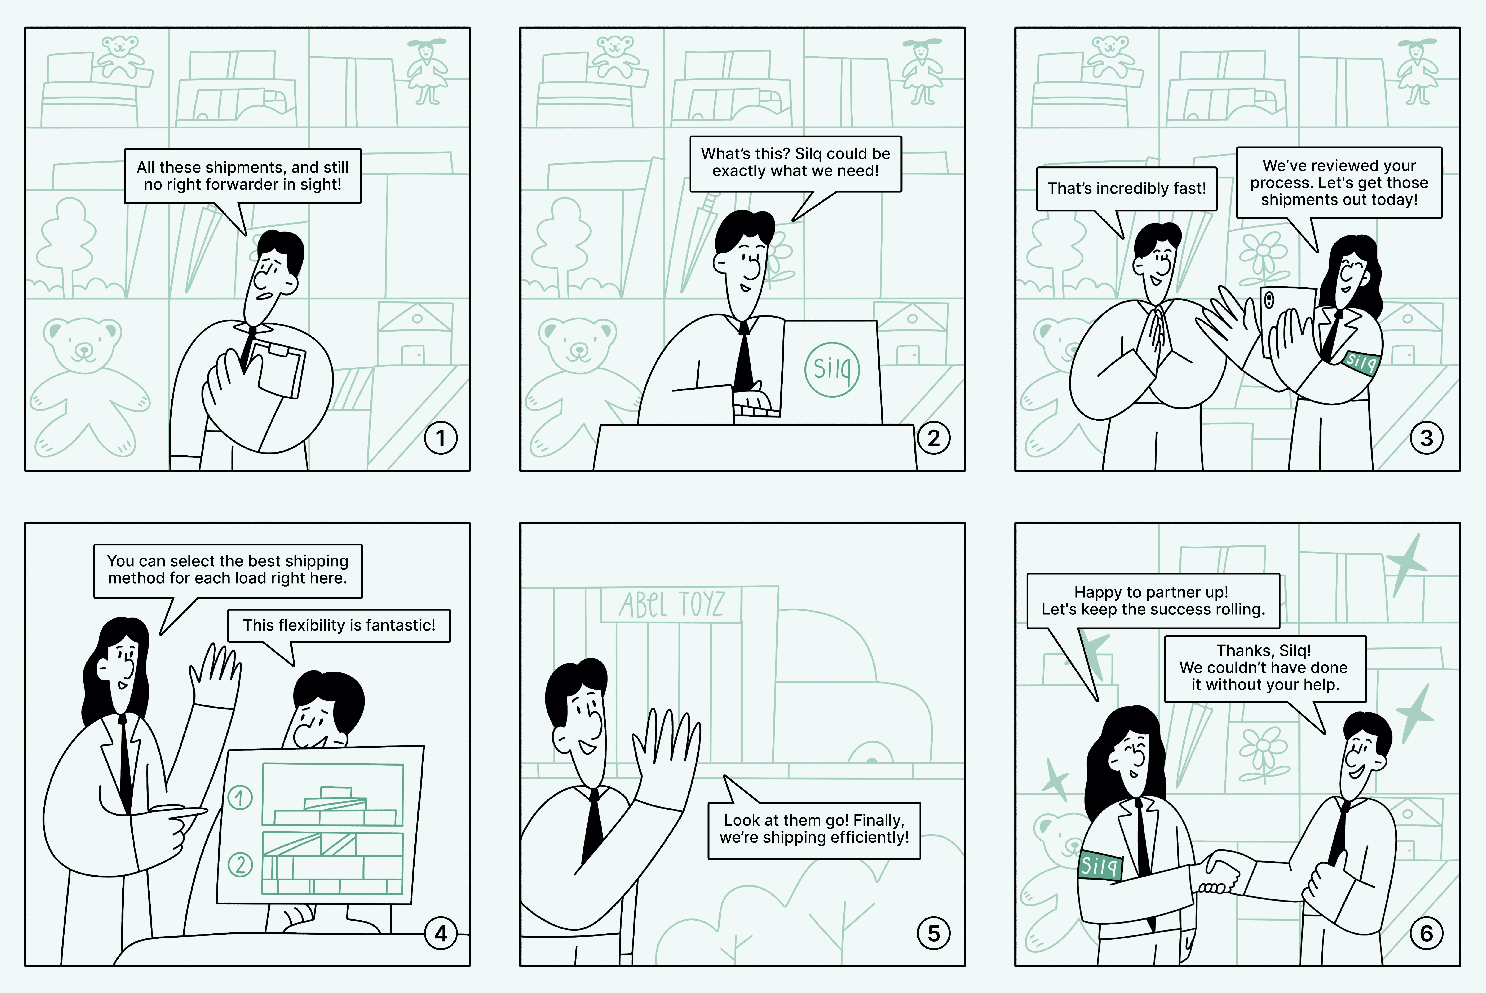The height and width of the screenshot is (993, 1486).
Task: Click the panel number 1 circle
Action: tap(441, 438)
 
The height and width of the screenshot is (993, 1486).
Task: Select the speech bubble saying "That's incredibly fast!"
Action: tap(1126, 189)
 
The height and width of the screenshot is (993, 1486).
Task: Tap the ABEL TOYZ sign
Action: tap(671, 605)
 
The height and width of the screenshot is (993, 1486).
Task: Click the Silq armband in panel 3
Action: tap(1361, 362)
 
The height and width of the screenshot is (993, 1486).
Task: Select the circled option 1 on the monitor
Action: tap(240, 797)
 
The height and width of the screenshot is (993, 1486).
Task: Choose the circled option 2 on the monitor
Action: tap(240, 864)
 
